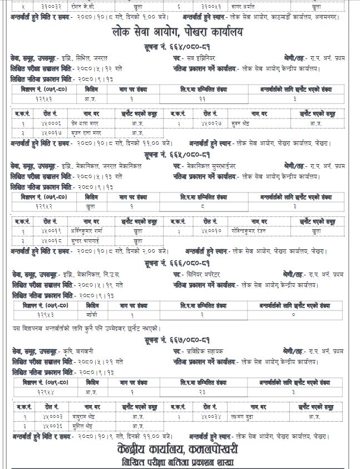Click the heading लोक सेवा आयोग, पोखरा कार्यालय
[180, 33]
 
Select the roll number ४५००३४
[206, 417]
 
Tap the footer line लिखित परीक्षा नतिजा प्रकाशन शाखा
[180, 462]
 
